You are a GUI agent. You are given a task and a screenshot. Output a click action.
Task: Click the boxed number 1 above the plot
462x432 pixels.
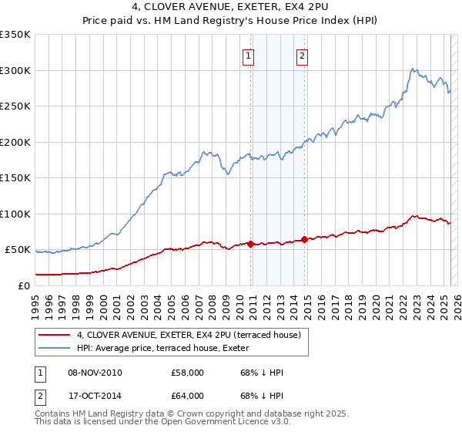coord(249,56)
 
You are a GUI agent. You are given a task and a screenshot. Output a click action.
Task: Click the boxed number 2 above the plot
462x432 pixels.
coord(302,56)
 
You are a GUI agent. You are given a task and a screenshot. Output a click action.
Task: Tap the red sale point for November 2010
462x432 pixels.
coord(251,244)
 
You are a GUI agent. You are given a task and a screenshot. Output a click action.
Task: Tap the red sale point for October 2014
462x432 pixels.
coord(305,239)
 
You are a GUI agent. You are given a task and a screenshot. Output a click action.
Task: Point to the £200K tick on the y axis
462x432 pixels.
coord(15,142)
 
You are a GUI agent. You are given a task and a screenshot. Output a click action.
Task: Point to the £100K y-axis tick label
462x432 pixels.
coord(15,214)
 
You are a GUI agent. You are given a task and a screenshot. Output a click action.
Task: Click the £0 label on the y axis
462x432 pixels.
coord(23,285)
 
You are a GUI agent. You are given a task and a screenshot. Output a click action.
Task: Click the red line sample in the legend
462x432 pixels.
coord(55,335)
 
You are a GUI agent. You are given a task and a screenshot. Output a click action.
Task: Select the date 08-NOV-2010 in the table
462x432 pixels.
coord(95,373)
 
